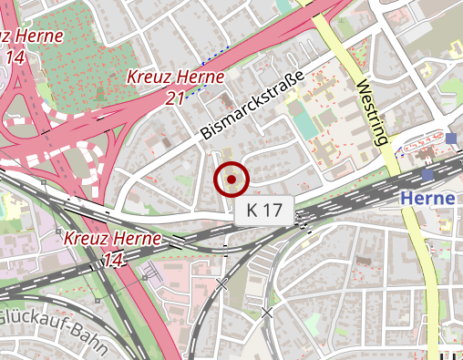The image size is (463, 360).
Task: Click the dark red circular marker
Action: click(231, 180)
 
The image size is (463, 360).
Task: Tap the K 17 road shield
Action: click(264, 211)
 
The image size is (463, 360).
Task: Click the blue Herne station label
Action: click(427, 199)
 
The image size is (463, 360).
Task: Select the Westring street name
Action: click(374, 115)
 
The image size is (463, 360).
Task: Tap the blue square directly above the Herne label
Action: click(427, 174)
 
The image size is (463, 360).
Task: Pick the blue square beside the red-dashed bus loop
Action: click(452, 139)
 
